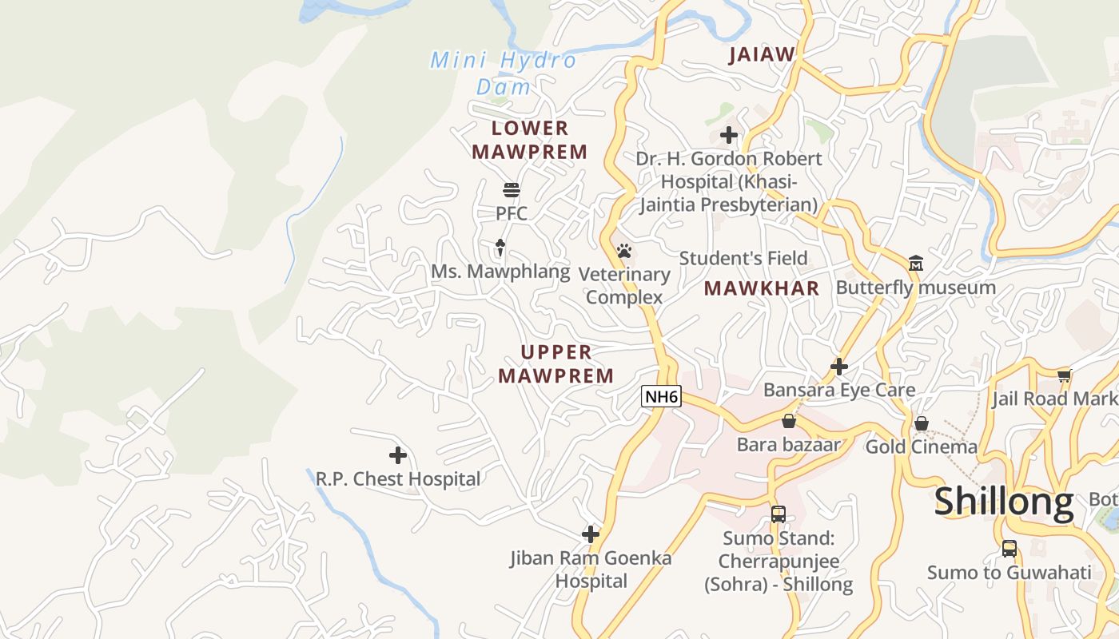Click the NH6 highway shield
[x=661, y=395]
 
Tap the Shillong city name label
[x=1004, y=502]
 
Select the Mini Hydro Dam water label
[x=504, y=73]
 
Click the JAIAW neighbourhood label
[x=762, y=54]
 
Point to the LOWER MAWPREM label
[x=529, y=140]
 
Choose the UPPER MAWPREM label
[x=556, y=363]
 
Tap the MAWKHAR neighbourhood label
[x=762, y=288]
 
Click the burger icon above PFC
[x=512, y=190]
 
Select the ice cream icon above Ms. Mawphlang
[x=500, y=248]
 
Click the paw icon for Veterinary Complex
[x=624, y=251]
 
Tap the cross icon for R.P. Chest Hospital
[x=397, y=455]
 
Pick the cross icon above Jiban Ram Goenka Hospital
[x=591, y=534]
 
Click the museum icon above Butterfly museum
[x=916, y=263]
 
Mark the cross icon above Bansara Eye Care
[x=838, y=366]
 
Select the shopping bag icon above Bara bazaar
[x=789, y=421]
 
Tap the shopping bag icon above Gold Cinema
[x=922, y=423]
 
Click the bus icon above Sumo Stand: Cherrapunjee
[x=778, y=514]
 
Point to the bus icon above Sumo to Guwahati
[x=1009, y=549]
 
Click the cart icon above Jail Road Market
[x=1064, y=375]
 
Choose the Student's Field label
[x=743, y=258]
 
